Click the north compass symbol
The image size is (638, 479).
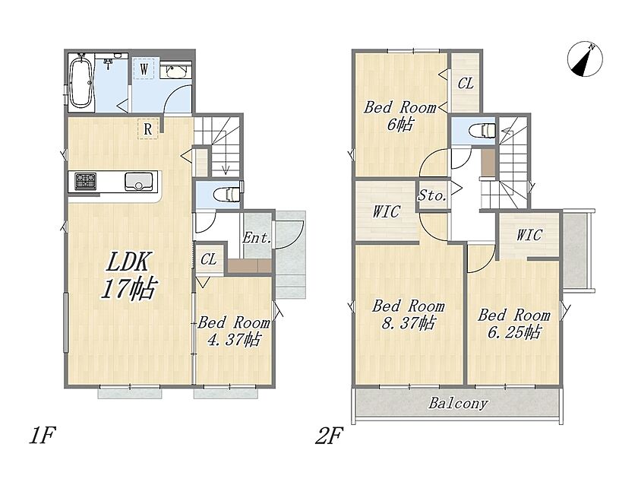(585, 59)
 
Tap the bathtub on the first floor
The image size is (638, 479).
(81, 83)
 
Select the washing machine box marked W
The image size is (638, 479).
(144, 68)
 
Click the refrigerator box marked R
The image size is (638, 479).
(147, 129)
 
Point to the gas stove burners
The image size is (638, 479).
(85, 181)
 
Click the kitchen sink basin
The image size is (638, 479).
(139, 182)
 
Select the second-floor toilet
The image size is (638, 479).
(482, 131)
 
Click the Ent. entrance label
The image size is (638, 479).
(257, 237)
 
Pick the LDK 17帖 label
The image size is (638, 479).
(128, 275)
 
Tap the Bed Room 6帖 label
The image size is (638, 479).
(400, 116)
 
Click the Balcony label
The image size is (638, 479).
(457, 403)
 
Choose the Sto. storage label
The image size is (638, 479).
(432, 196)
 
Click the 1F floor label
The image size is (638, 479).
(42, 436)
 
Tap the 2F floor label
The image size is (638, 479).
(329, 436)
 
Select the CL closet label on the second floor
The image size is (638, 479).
(466, 84)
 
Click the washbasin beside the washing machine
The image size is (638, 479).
(175, 71)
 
